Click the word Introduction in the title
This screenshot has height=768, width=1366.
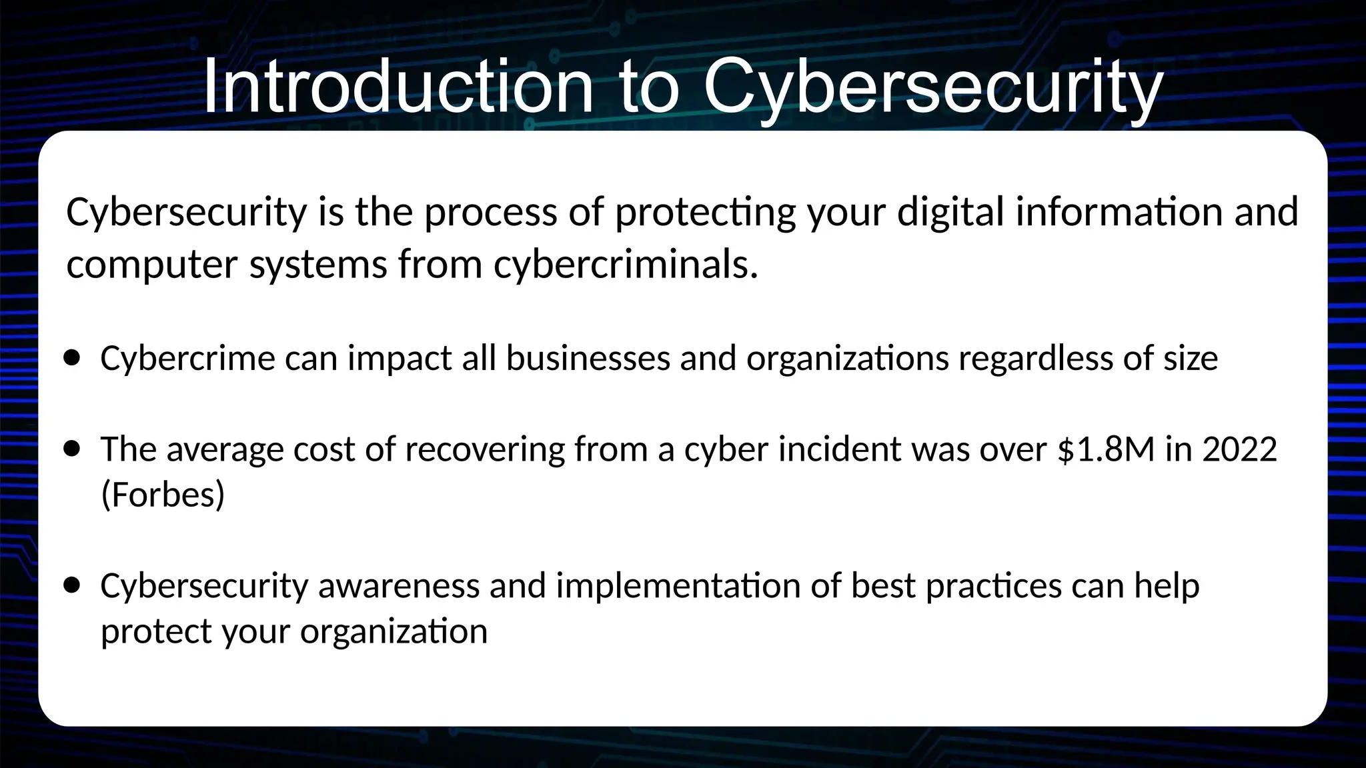[398, 87]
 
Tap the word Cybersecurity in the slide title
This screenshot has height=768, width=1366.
[934, 87]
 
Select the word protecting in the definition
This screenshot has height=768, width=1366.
[705, 212]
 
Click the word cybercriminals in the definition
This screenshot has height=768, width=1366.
[626, 264]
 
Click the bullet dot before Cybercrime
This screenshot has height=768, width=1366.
[72, 358]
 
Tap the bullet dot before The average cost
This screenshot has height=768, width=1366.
[72, 449]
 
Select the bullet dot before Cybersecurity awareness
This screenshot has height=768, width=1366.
[72, 585]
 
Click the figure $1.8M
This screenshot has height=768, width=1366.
[1106, 449]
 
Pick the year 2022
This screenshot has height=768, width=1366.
[1239, 449]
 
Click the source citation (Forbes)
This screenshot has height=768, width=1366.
[163, 494]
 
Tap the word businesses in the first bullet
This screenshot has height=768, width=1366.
[588, 358]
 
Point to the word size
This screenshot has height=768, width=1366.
[1191, 358]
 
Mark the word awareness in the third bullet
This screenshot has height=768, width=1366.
[398, 585]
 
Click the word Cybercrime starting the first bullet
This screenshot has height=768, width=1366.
[187, 358]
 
